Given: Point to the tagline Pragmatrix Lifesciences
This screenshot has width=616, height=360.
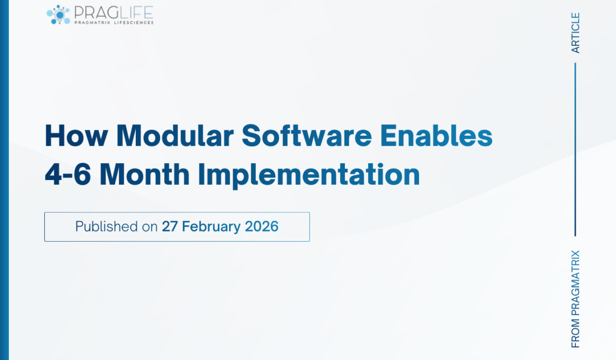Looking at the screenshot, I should coord(114,23).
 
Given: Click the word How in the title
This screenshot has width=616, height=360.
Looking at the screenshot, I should coord(76,136).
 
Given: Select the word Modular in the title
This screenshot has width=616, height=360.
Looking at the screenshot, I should coord(175,136).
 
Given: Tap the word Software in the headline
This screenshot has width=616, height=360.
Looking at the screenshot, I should coord(306,136).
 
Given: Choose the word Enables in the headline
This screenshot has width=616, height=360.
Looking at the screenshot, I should coord(436,136).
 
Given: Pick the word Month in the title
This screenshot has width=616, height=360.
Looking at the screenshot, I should coord(144,175).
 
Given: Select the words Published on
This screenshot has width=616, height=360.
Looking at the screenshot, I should coord(116,227).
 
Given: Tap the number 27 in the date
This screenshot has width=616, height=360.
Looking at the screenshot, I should coord(170,227).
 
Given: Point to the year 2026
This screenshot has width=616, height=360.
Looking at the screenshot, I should coord(261,227).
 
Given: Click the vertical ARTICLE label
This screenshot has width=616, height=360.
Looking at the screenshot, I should coord(575,33).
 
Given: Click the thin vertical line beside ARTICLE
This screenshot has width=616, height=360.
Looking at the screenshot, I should coord(575,149).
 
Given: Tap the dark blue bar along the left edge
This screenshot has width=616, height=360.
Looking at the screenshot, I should coord(4,180).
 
